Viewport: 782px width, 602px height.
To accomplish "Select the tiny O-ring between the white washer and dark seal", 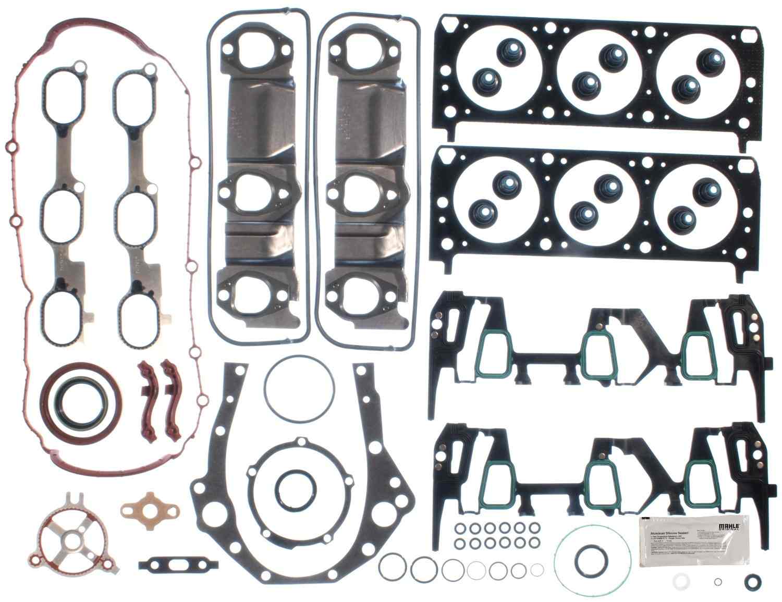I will click(718, 582).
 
